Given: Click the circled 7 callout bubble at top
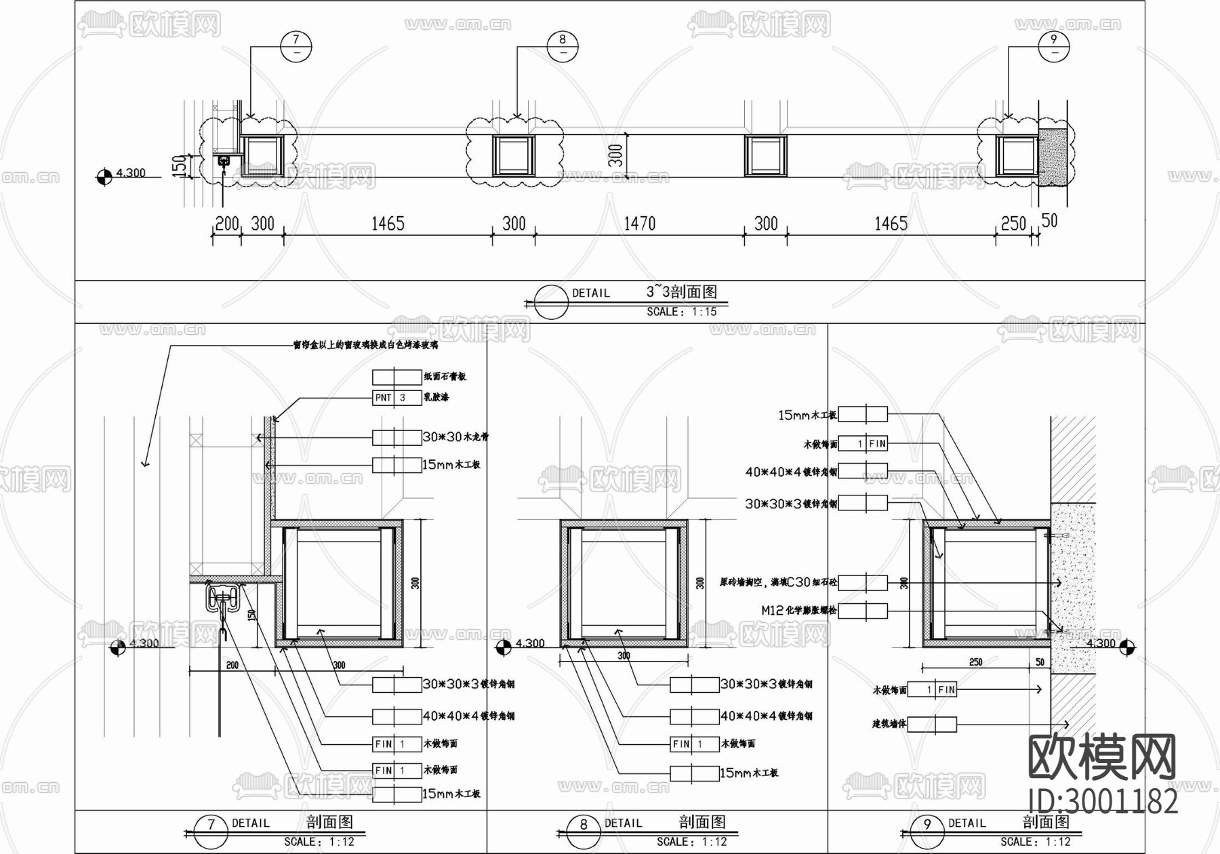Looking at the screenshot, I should point(296,45).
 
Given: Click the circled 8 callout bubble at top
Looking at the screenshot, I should point(563,45).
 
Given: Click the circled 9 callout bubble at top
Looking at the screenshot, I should point(1053,45).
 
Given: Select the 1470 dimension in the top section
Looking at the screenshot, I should point(639,223).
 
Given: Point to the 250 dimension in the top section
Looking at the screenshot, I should point(1013,223).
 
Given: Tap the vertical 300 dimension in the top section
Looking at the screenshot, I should point(615,155).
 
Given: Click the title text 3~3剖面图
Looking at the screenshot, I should point(681,291).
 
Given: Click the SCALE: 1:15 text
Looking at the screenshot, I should point(681,312).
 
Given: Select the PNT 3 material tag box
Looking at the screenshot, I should point(396,397).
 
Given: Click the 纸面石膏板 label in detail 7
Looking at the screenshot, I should point(445,376).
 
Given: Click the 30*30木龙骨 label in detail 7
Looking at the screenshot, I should point(455,437).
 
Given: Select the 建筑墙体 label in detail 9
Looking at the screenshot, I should point(889,725).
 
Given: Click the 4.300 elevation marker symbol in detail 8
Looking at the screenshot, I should point(503,649).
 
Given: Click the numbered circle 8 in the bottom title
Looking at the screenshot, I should point(584,825).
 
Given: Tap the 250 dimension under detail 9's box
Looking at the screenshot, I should point(975,662).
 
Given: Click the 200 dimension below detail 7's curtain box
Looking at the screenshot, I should point(232,666).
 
